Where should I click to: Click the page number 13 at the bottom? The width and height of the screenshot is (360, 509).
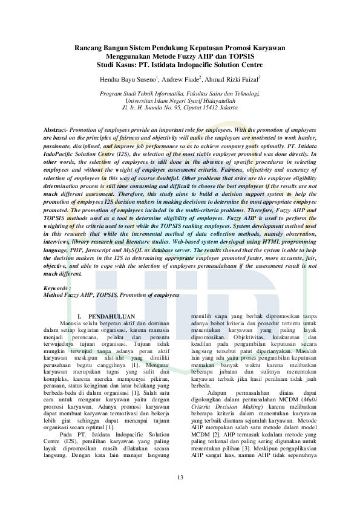pyautogui.click(x=180, y=478)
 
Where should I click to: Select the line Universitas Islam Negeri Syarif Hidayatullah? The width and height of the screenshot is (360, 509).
pyautogui.click(x=180, y=100)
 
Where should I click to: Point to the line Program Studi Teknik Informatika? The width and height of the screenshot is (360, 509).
pyautogui.click(x=180, y=94)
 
